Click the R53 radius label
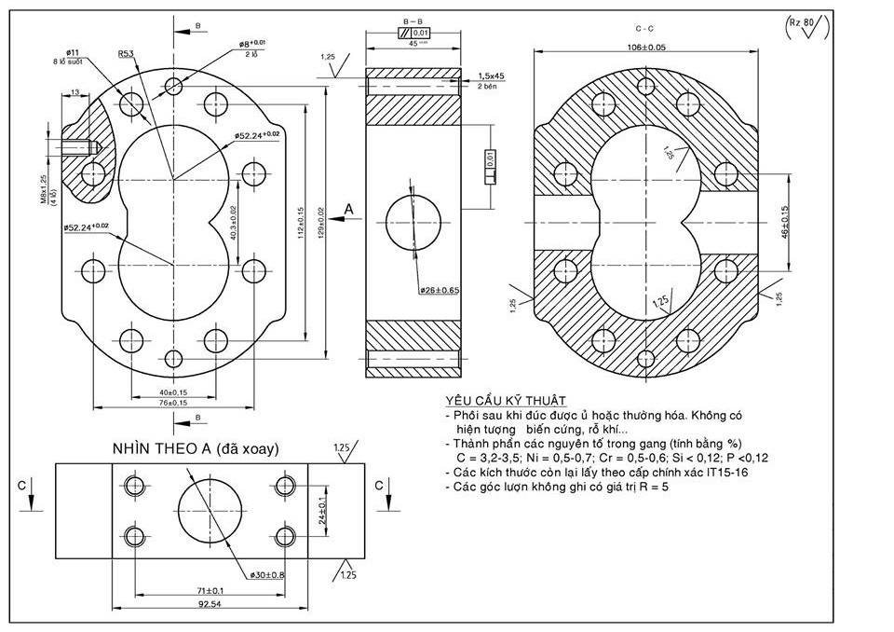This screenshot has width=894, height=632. pyautogui.click(x=125, y=54)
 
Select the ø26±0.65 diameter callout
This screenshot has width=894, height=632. pyautogui.click(x=439, y=290)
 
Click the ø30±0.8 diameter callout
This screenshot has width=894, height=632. pyautogui.click(x=266, y=574)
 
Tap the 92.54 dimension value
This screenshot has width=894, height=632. pyautogui.click(x=209, y=605)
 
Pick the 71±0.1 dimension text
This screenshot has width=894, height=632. pyautogui.click(x=210, y=591)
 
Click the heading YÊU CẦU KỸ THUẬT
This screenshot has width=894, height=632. pyautogui.click(x=493, y=400)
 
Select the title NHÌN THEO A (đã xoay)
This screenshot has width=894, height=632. pyautogui.click(x=195, y=448)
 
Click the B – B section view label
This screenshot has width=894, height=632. pyautogui.click(x=413, y=21)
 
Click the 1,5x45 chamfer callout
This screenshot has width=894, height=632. pyautogui.click(x=491, y=76)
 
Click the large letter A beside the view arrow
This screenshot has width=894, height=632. pyautogui.click(x=350, y=210)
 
